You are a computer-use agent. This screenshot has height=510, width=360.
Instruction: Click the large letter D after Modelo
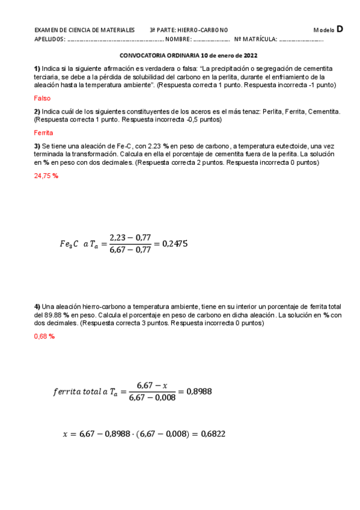[340, 28]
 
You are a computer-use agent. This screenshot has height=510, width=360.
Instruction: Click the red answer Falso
[42, 98]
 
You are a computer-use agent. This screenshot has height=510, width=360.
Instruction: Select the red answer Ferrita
[44, 132]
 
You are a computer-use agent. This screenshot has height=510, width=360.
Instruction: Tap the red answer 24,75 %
[46, 176]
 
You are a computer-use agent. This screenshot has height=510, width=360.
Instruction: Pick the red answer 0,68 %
[44, 336]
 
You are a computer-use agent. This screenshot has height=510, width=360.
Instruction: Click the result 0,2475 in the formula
[175, 244]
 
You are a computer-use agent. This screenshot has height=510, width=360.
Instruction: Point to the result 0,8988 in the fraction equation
[199, 392]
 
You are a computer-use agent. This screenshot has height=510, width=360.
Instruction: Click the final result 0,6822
[213, 434]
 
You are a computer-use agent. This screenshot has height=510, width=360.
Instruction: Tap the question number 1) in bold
[37, 69]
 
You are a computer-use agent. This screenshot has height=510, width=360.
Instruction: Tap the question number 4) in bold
[37, 307]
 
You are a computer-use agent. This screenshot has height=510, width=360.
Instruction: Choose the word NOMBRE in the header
[177, 40]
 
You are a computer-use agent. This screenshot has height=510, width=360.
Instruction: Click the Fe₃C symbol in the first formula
[69, 244]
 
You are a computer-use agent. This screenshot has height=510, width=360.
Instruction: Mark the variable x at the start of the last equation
[65, 434]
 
